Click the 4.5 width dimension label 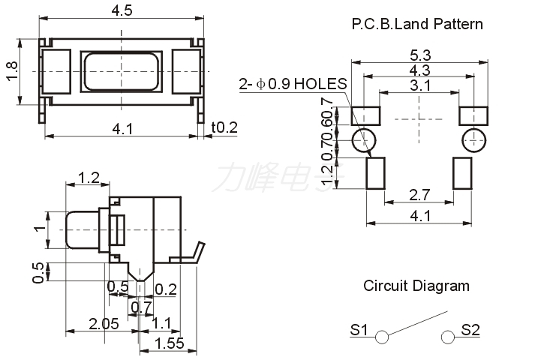(x=122, y=10)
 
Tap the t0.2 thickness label (x=224, y=127)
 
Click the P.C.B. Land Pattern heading (x=417, y=24)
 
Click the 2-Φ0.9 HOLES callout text (x=293, y=84)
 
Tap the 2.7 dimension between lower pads (x=420, y=195)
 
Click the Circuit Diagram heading (x=416, y=286)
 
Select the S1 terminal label (x=359, y=329)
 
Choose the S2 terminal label (x=470, y=329)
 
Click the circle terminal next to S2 (x=449, y=337)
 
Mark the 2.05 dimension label (x=104, y=324)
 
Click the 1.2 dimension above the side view (x=89, y=178)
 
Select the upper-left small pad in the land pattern (x=366, y=116)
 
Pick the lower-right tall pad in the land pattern (x=463, y=173)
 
